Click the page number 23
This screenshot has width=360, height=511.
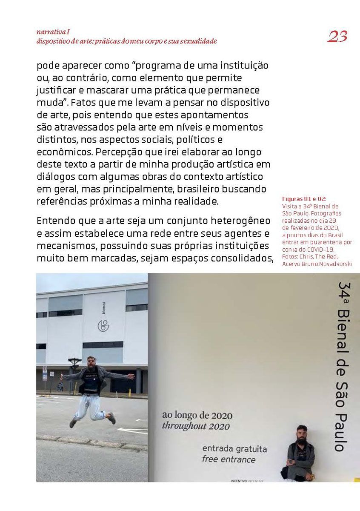click(x=337, y=37)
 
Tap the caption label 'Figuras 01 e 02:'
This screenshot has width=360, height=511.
click(x=303, y=199)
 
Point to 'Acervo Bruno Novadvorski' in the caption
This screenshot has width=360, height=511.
click(x=317, y=264)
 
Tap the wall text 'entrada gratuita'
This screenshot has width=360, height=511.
click(x=234, y=449)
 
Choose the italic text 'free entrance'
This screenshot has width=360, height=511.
click(x=229, y=459)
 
